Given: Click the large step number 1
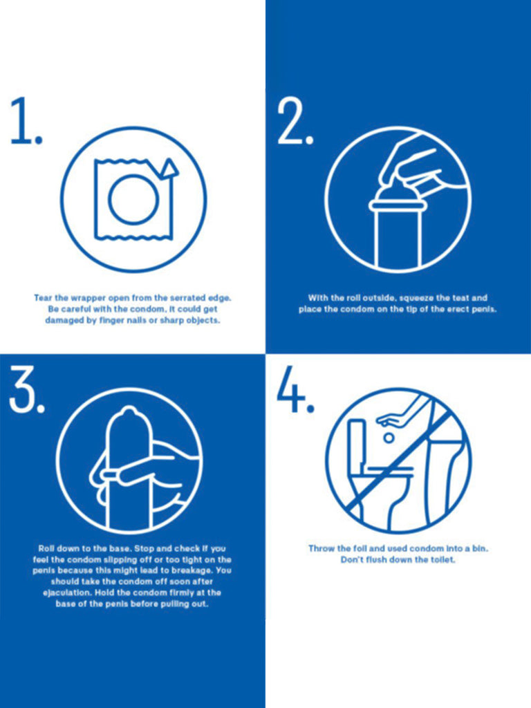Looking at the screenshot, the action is coord(26,120).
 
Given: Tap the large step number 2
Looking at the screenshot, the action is coord(295,122).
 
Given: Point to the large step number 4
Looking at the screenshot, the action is coord(295,389).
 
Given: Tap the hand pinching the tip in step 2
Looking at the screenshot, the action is coord(419,165).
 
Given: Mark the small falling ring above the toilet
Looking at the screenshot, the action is coord(389,438).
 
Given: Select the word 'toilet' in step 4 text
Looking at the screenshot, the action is coord(442,560).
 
